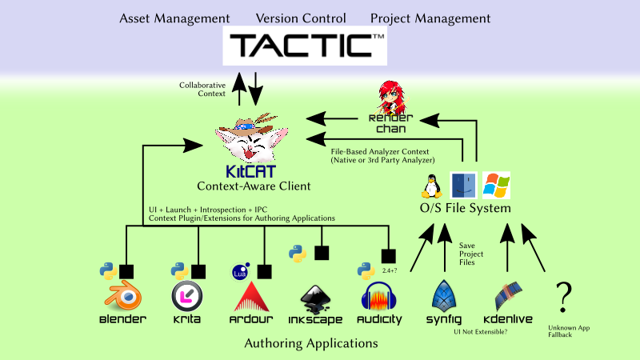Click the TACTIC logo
pos(305,46)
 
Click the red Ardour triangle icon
pos(251,297)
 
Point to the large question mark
pos(565,297)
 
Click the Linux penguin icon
pos(434,186)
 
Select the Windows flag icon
pos(496,186)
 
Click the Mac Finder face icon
pos(464,186)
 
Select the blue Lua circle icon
pos(239,271)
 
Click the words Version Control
pos(301,18)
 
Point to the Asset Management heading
pos(174,18)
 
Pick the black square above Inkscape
pos(322,253)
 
